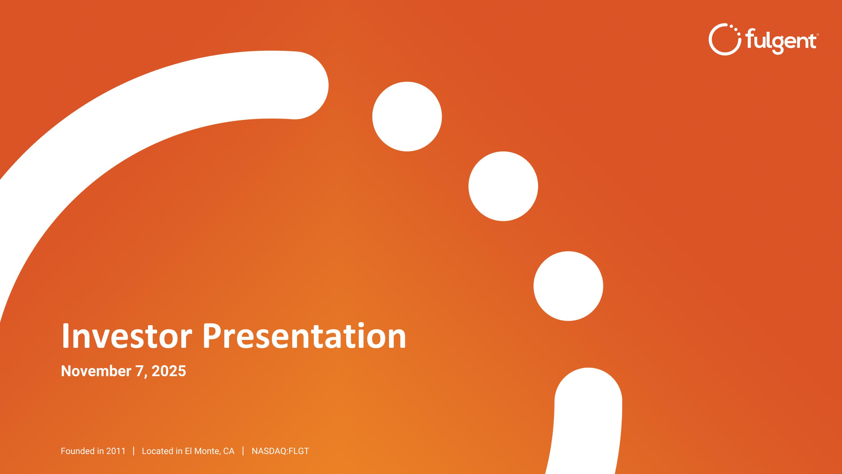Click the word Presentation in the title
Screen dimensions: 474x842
tap(304, 336)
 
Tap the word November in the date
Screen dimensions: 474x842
tap(96, 371)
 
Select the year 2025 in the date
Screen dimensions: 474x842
tap(169, 371)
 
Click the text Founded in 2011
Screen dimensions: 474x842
tap(93, 451)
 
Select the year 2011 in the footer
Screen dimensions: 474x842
tap(116, 451)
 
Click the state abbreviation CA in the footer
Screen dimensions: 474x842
tap(229, 451)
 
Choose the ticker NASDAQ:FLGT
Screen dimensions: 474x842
tap(280, 451)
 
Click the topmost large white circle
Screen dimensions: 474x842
tap(407, 116)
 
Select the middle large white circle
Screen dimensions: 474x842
tap(503, 186)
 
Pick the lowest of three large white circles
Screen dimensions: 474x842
tap(568, 286)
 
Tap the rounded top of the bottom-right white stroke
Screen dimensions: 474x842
tap(588, 393)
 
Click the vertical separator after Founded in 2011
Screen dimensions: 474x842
tap(134, 451)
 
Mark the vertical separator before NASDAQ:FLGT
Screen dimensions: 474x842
tap(243, 451)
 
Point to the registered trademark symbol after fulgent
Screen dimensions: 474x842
tap(818, 34)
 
